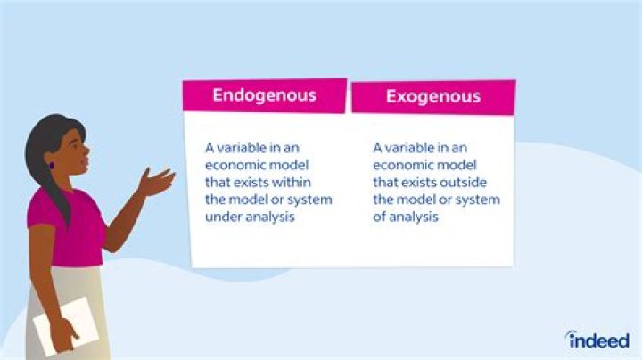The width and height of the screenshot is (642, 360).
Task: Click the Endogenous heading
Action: click(264, 94)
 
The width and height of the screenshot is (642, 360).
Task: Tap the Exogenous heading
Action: click(432, 96)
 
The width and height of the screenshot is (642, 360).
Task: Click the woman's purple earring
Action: click(53, 165)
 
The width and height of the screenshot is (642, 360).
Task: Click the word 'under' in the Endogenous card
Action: click(223, 217)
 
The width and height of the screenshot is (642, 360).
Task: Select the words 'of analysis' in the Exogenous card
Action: click(406, 217)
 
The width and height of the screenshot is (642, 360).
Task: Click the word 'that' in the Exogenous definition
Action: click(386, 182)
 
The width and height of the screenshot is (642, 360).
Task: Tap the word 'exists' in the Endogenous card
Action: click(251, 182)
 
